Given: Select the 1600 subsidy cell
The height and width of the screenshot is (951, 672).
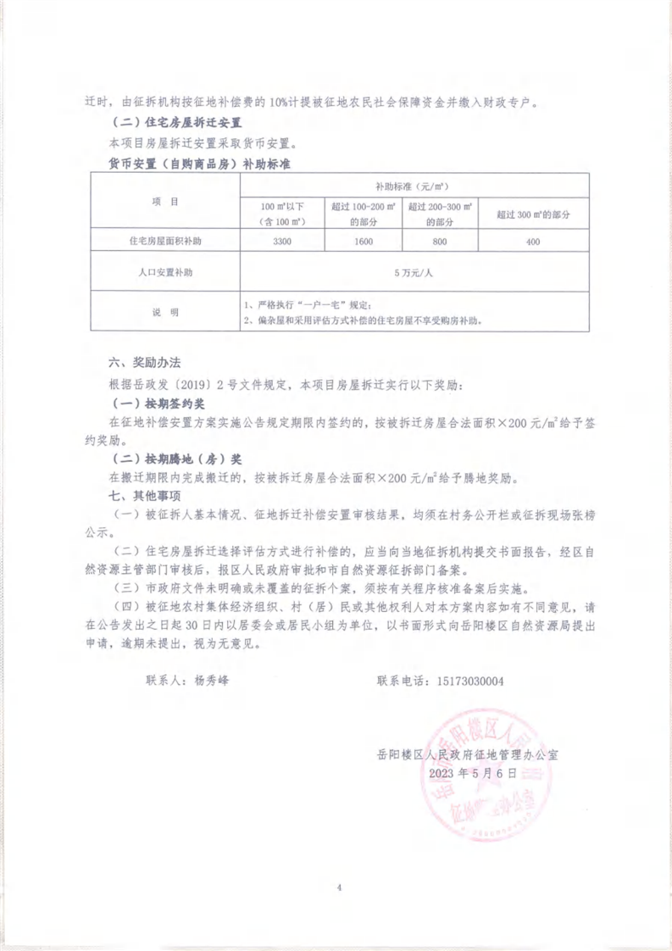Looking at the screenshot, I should click(363, 242).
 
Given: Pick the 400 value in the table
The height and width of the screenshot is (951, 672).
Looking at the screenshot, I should click(533, 242).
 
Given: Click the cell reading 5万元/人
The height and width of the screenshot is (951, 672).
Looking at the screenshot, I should click(414, 273).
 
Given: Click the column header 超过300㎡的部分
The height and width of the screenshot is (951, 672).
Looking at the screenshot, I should click(533, 214).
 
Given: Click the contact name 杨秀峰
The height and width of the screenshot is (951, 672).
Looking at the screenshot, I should click(212, 681).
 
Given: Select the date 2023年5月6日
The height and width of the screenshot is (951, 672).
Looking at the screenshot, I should click(472, 772).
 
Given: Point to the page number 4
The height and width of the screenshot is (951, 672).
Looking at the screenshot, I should click(337, 887).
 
